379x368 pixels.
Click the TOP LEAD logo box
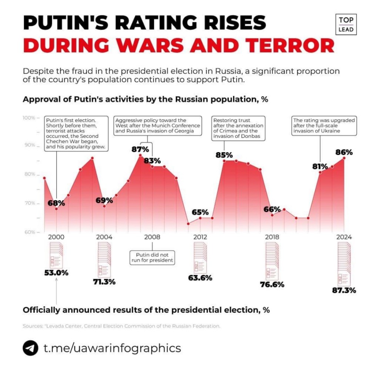coord(346,24)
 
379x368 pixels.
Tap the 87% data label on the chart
coord(140,150)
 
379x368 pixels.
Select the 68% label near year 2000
coord(56,203)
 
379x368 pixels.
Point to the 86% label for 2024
coord(344,152)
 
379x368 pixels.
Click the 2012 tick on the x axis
coord(200,237)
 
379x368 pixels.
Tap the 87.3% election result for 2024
coord(344,290)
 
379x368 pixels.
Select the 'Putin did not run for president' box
coord(152,257)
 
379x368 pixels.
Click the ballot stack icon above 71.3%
coord(104,258)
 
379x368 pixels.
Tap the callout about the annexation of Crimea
coord(238,128)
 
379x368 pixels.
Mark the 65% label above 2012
coord(200,213)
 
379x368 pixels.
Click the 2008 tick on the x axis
coord(152,237)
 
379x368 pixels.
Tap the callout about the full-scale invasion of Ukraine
coord(324,126)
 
